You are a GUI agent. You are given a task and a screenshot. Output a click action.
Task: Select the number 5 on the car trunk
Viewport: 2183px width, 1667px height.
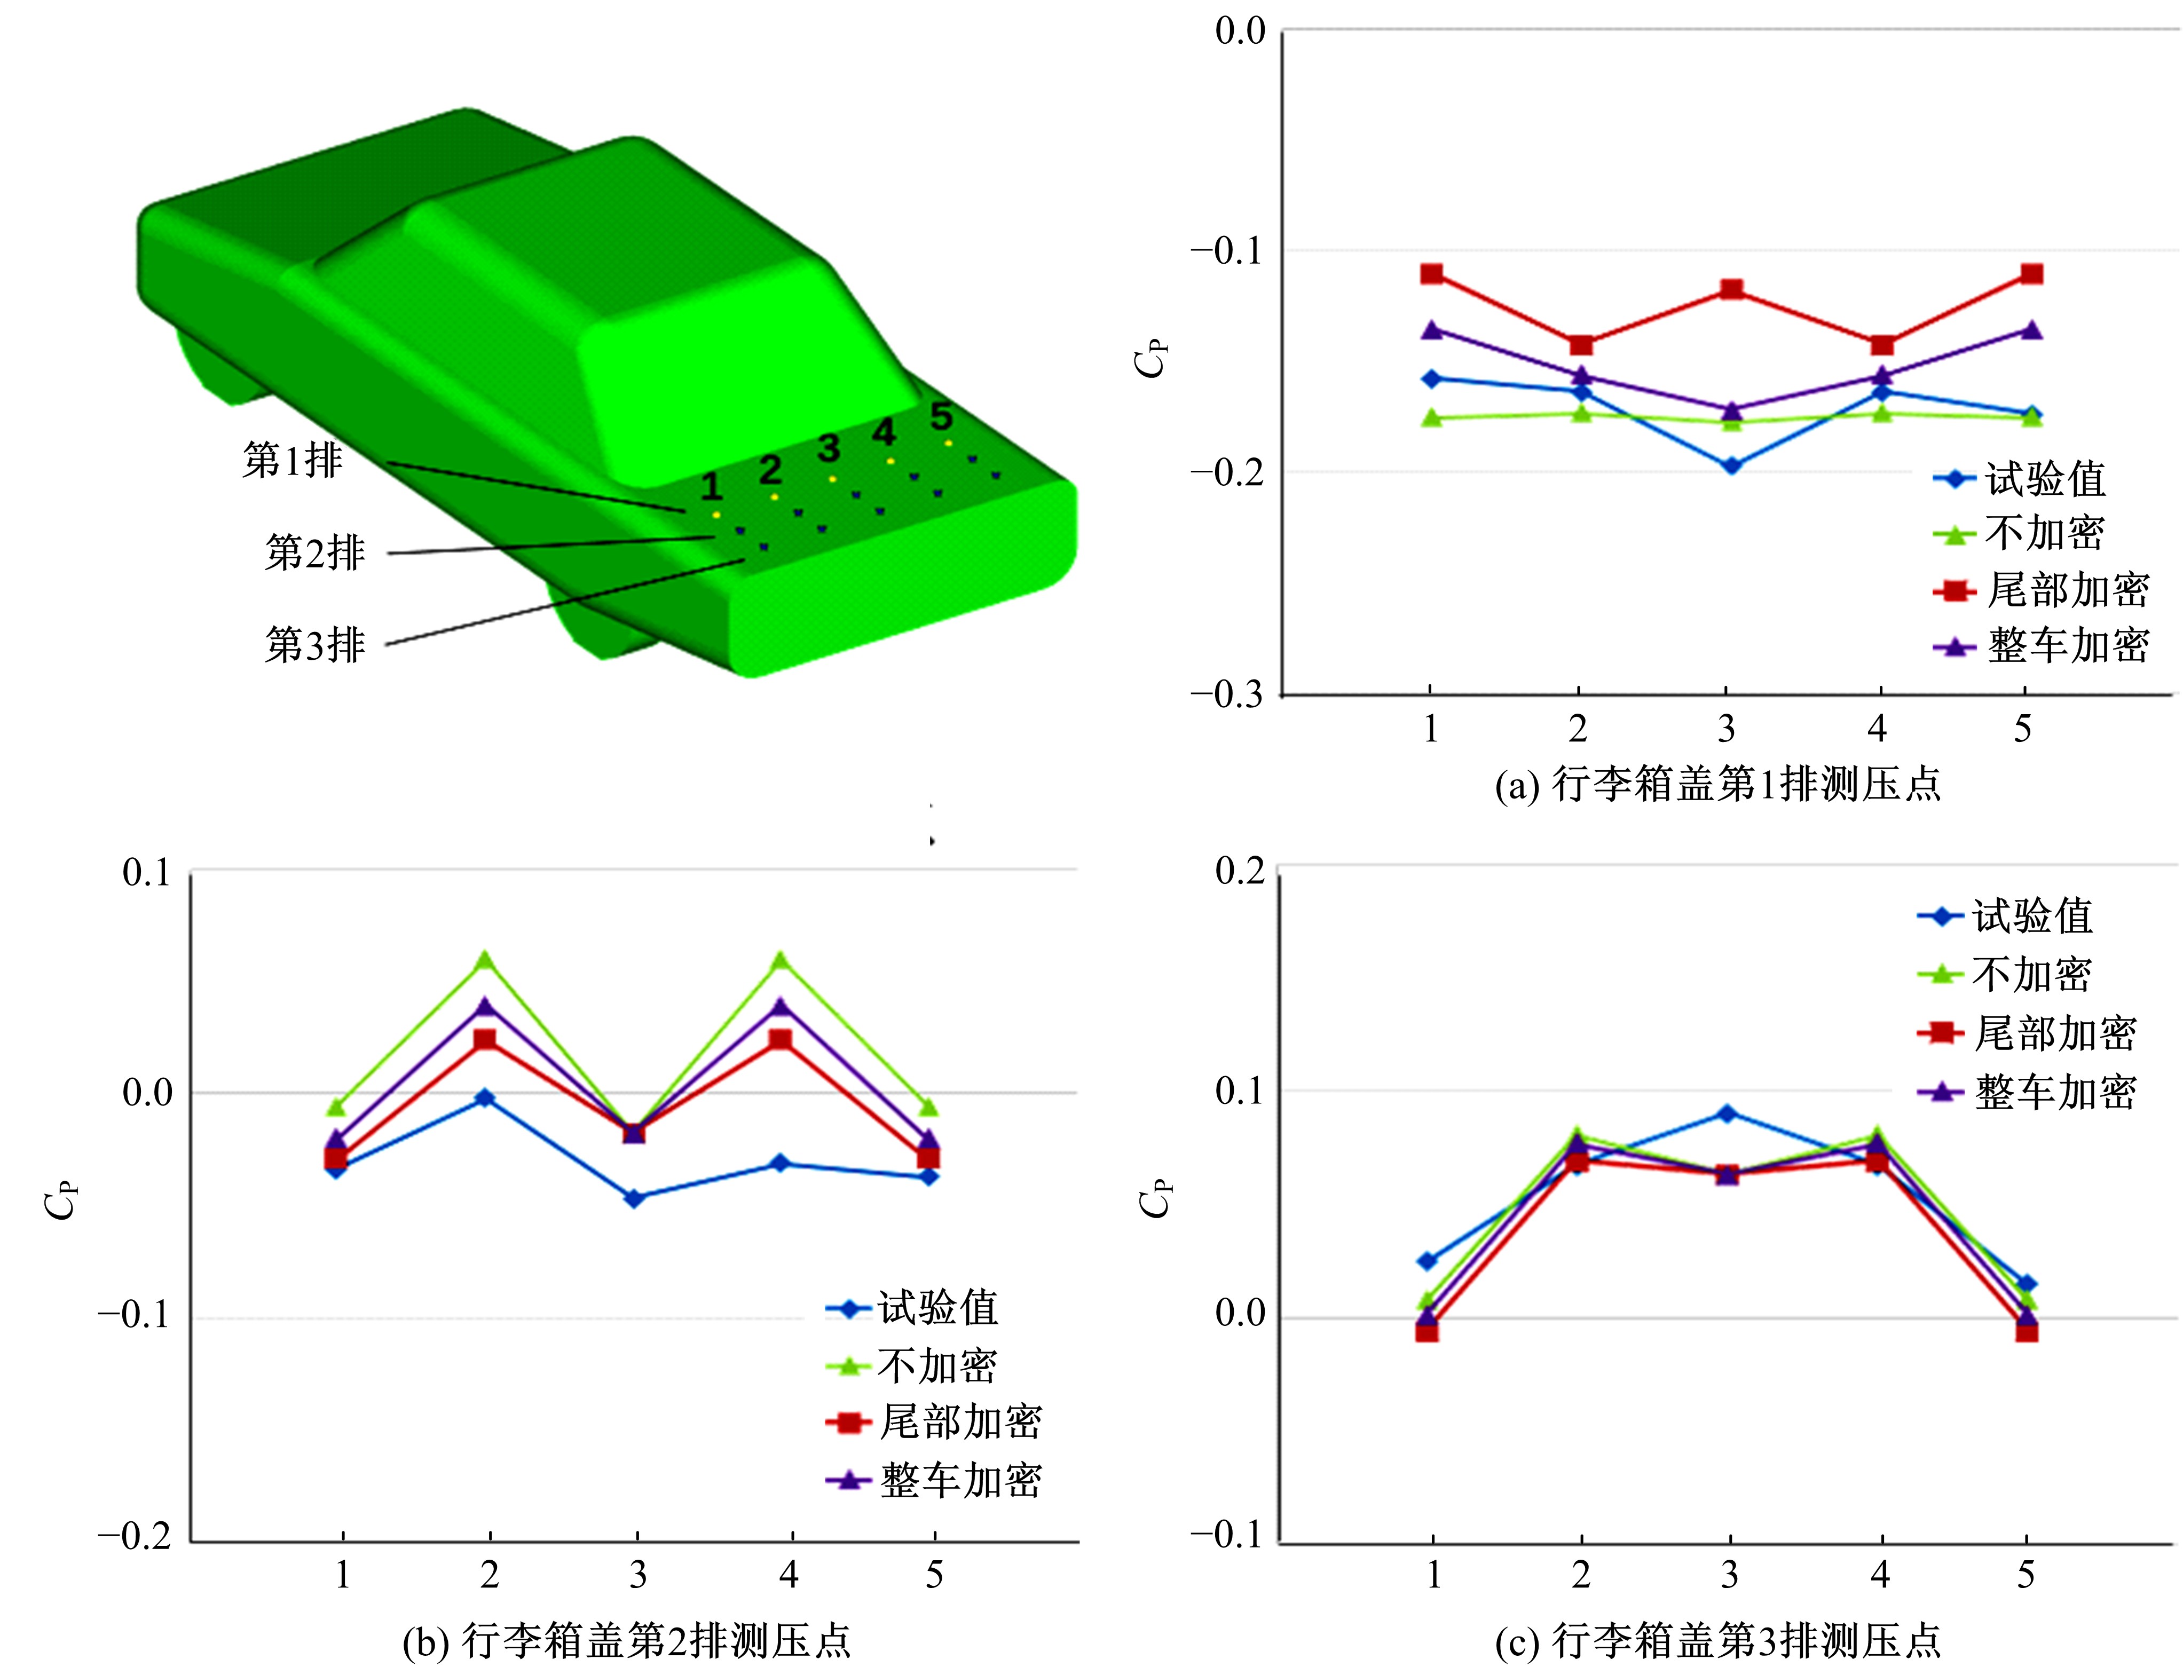(x=941, y=416)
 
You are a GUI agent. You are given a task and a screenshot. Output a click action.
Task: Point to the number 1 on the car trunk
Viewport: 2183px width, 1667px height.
(x=711, y=486)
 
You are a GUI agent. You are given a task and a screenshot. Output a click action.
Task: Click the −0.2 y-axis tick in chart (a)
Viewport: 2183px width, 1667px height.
(x=1226, y=471)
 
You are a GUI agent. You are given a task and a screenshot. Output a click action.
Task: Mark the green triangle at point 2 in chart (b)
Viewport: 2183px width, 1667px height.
(x=485, y=960)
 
